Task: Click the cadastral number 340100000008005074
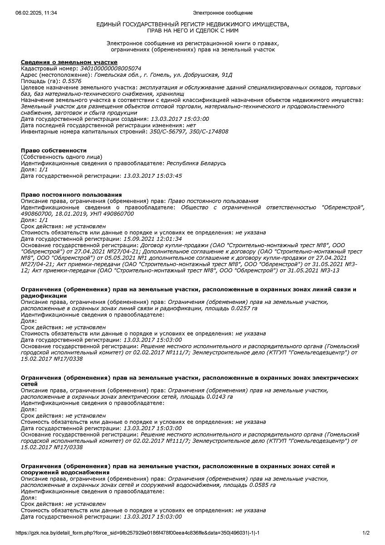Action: point(110,69)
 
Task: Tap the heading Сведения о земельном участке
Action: point(69,62)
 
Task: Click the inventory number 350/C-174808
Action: point(209,132)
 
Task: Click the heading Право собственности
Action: point(54,150)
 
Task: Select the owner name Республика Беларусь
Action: point(196,163)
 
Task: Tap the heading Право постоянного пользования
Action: point(71,195)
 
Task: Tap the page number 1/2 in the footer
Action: point(366,533)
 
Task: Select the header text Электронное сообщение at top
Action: point(222,13)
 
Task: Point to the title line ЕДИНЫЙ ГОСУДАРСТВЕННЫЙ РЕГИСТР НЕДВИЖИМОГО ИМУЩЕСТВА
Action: point(192,24)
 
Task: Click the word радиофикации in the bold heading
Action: point(44,296)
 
